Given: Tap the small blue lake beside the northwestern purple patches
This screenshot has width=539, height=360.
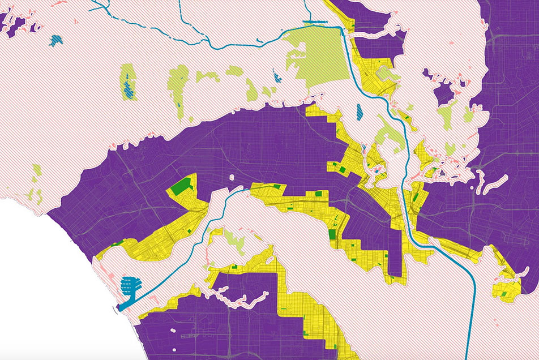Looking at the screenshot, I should [x=55, y=40].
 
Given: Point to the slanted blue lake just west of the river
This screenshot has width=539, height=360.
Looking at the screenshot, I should [x=360, y=112].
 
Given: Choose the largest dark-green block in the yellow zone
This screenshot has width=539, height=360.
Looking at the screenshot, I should [x=182, y=187].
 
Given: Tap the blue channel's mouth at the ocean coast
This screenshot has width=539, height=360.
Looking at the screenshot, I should [x=121, y=307].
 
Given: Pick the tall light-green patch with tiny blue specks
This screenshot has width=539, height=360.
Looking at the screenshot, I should [x=179, y=91].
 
